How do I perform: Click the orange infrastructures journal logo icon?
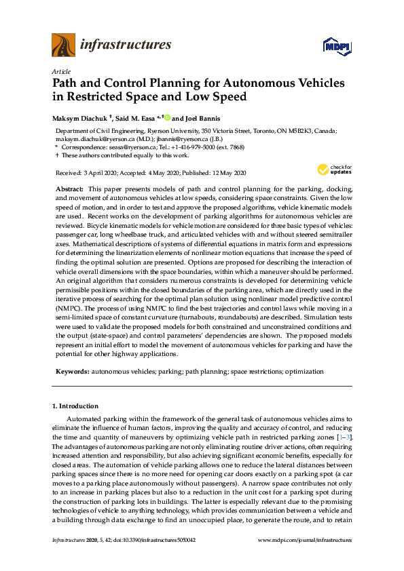[63, 45]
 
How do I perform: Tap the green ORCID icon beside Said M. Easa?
[167, 118]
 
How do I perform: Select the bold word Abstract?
[69, 188]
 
